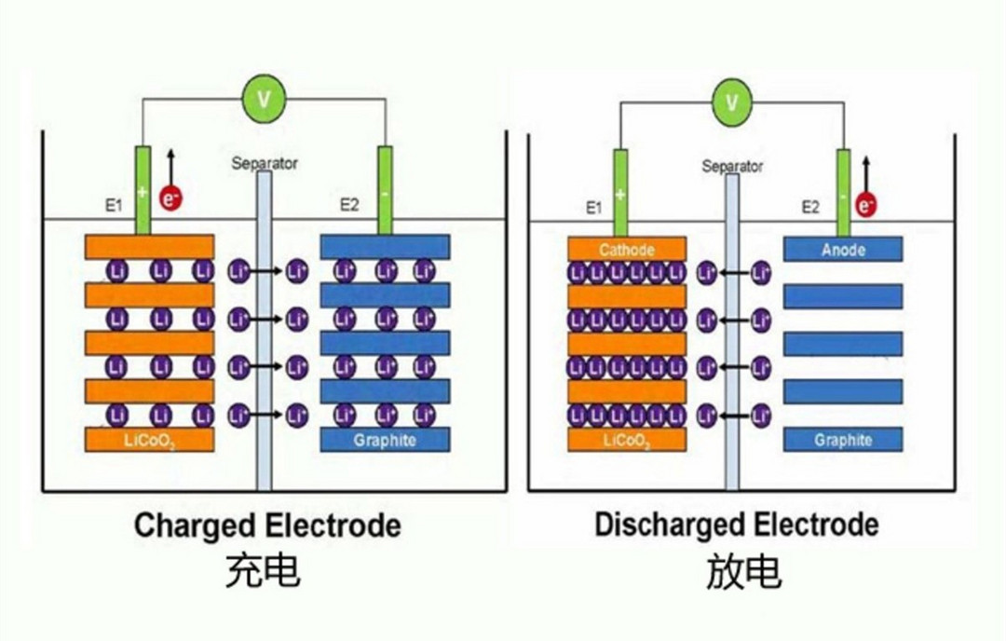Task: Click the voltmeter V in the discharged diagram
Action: (x=732, y=100)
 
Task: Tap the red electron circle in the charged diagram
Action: (x=170, y=198)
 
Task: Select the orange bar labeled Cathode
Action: (x=626, y=249)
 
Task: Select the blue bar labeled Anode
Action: (x=843, y=249)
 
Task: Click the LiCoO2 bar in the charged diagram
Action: (x=149, y=440)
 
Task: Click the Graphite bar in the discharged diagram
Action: (x=843, y=440)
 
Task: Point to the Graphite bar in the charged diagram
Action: (x=385, y=440)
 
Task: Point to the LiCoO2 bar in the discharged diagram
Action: (x=626, y=440)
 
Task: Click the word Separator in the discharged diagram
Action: (x=732, y=167)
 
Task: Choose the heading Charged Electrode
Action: (x=267, y=525)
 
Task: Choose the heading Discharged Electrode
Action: (x=736, y=525)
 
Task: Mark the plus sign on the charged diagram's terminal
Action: (x=143, y=194)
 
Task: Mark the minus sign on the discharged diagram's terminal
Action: (x=842, y=197)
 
